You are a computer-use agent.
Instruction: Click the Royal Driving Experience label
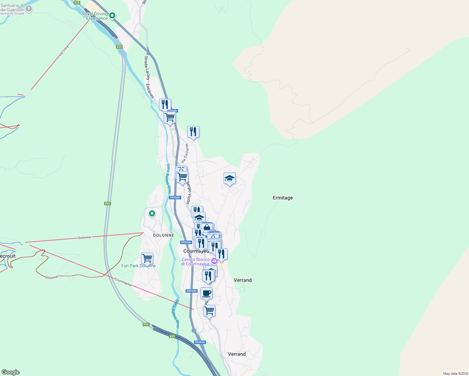[95, 16]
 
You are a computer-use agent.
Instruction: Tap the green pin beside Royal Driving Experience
[112, 15]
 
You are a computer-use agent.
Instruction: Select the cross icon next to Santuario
[29, 8]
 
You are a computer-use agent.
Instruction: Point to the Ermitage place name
[282, 198]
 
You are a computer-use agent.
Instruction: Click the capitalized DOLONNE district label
[163, 235]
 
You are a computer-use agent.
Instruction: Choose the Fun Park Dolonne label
[138, 266]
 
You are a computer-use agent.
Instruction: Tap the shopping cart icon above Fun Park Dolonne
[147, 258]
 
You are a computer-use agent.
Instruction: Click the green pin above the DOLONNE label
[152, 214]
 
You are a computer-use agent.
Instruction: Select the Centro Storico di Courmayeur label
[196, 262]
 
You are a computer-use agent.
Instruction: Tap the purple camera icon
[214, 261]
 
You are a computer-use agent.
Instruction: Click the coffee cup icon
[206, 293]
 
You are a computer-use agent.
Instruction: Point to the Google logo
[10, 372]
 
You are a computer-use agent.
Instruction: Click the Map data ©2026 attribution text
[455, 373]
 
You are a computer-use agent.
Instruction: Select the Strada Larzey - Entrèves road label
[149, 77]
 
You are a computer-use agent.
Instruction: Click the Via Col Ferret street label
[185, 153]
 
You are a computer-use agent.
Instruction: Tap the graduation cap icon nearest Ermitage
[229, 179]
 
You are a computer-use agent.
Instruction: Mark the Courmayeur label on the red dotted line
[124, 282]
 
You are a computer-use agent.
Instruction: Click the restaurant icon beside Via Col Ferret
[193, 132]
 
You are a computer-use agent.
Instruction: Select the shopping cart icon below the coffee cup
[209, 311]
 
